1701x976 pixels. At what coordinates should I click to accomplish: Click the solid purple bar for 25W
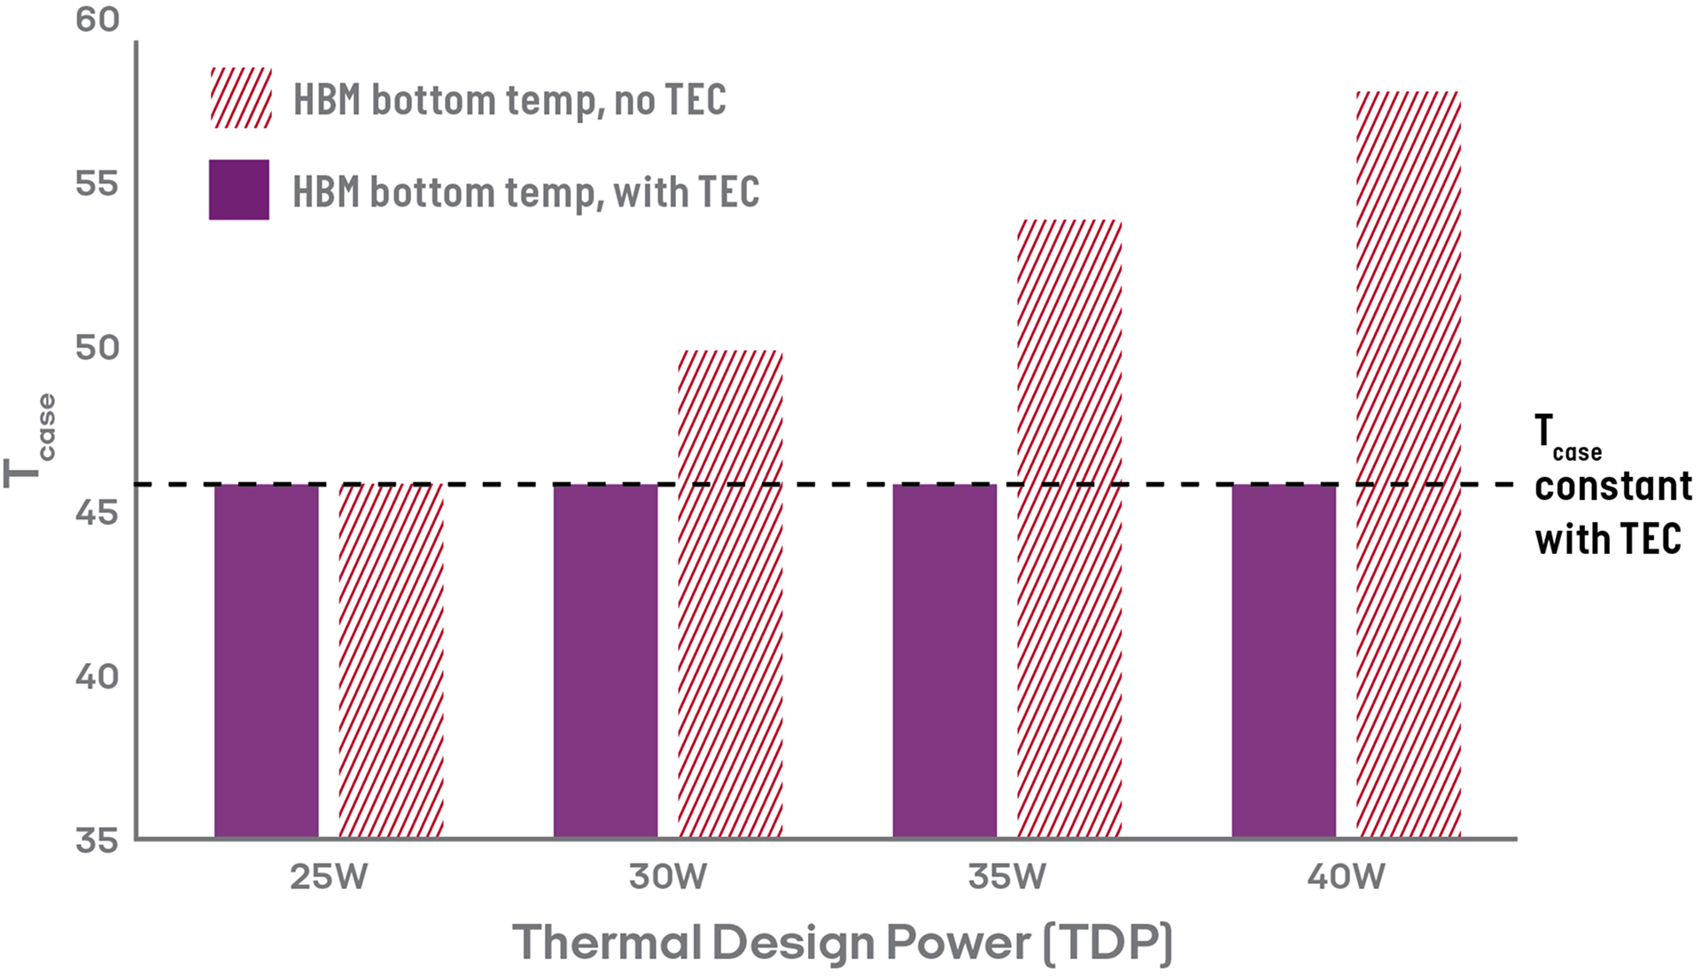click(266, 660)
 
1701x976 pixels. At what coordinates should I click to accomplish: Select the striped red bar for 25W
click(391, 660)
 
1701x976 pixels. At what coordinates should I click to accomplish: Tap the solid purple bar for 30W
click(605, 660)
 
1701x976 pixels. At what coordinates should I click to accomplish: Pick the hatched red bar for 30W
click(730, 594)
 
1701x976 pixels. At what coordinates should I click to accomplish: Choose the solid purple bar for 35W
click(944, 660)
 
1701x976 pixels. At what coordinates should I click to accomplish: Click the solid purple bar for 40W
click(1284, 660)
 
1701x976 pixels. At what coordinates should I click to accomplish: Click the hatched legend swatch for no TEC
click(240, 98)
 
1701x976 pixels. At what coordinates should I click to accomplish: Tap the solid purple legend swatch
click(239, 190)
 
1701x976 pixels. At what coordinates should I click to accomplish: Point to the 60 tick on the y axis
click(97, 20)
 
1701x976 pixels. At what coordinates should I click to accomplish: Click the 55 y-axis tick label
click(97, 184)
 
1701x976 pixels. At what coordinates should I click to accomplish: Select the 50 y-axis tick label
click(97, 347)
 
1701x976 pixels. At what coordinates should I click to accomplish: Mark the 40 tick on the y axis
click(97, 677)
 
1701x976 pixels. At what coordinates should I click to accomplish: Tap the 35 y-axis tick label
click(97, 839)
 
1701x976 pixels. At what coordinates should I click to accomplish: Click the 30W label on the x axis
click(668, 878)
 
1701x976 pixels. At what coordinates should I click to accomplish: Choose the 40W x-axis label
click(1346, 878)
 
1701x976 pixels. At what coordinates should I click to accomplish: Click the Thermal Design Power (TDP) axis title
click(843, 941)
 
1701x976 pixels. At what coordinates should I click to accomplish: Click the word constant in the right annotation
click(1612, 487)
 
